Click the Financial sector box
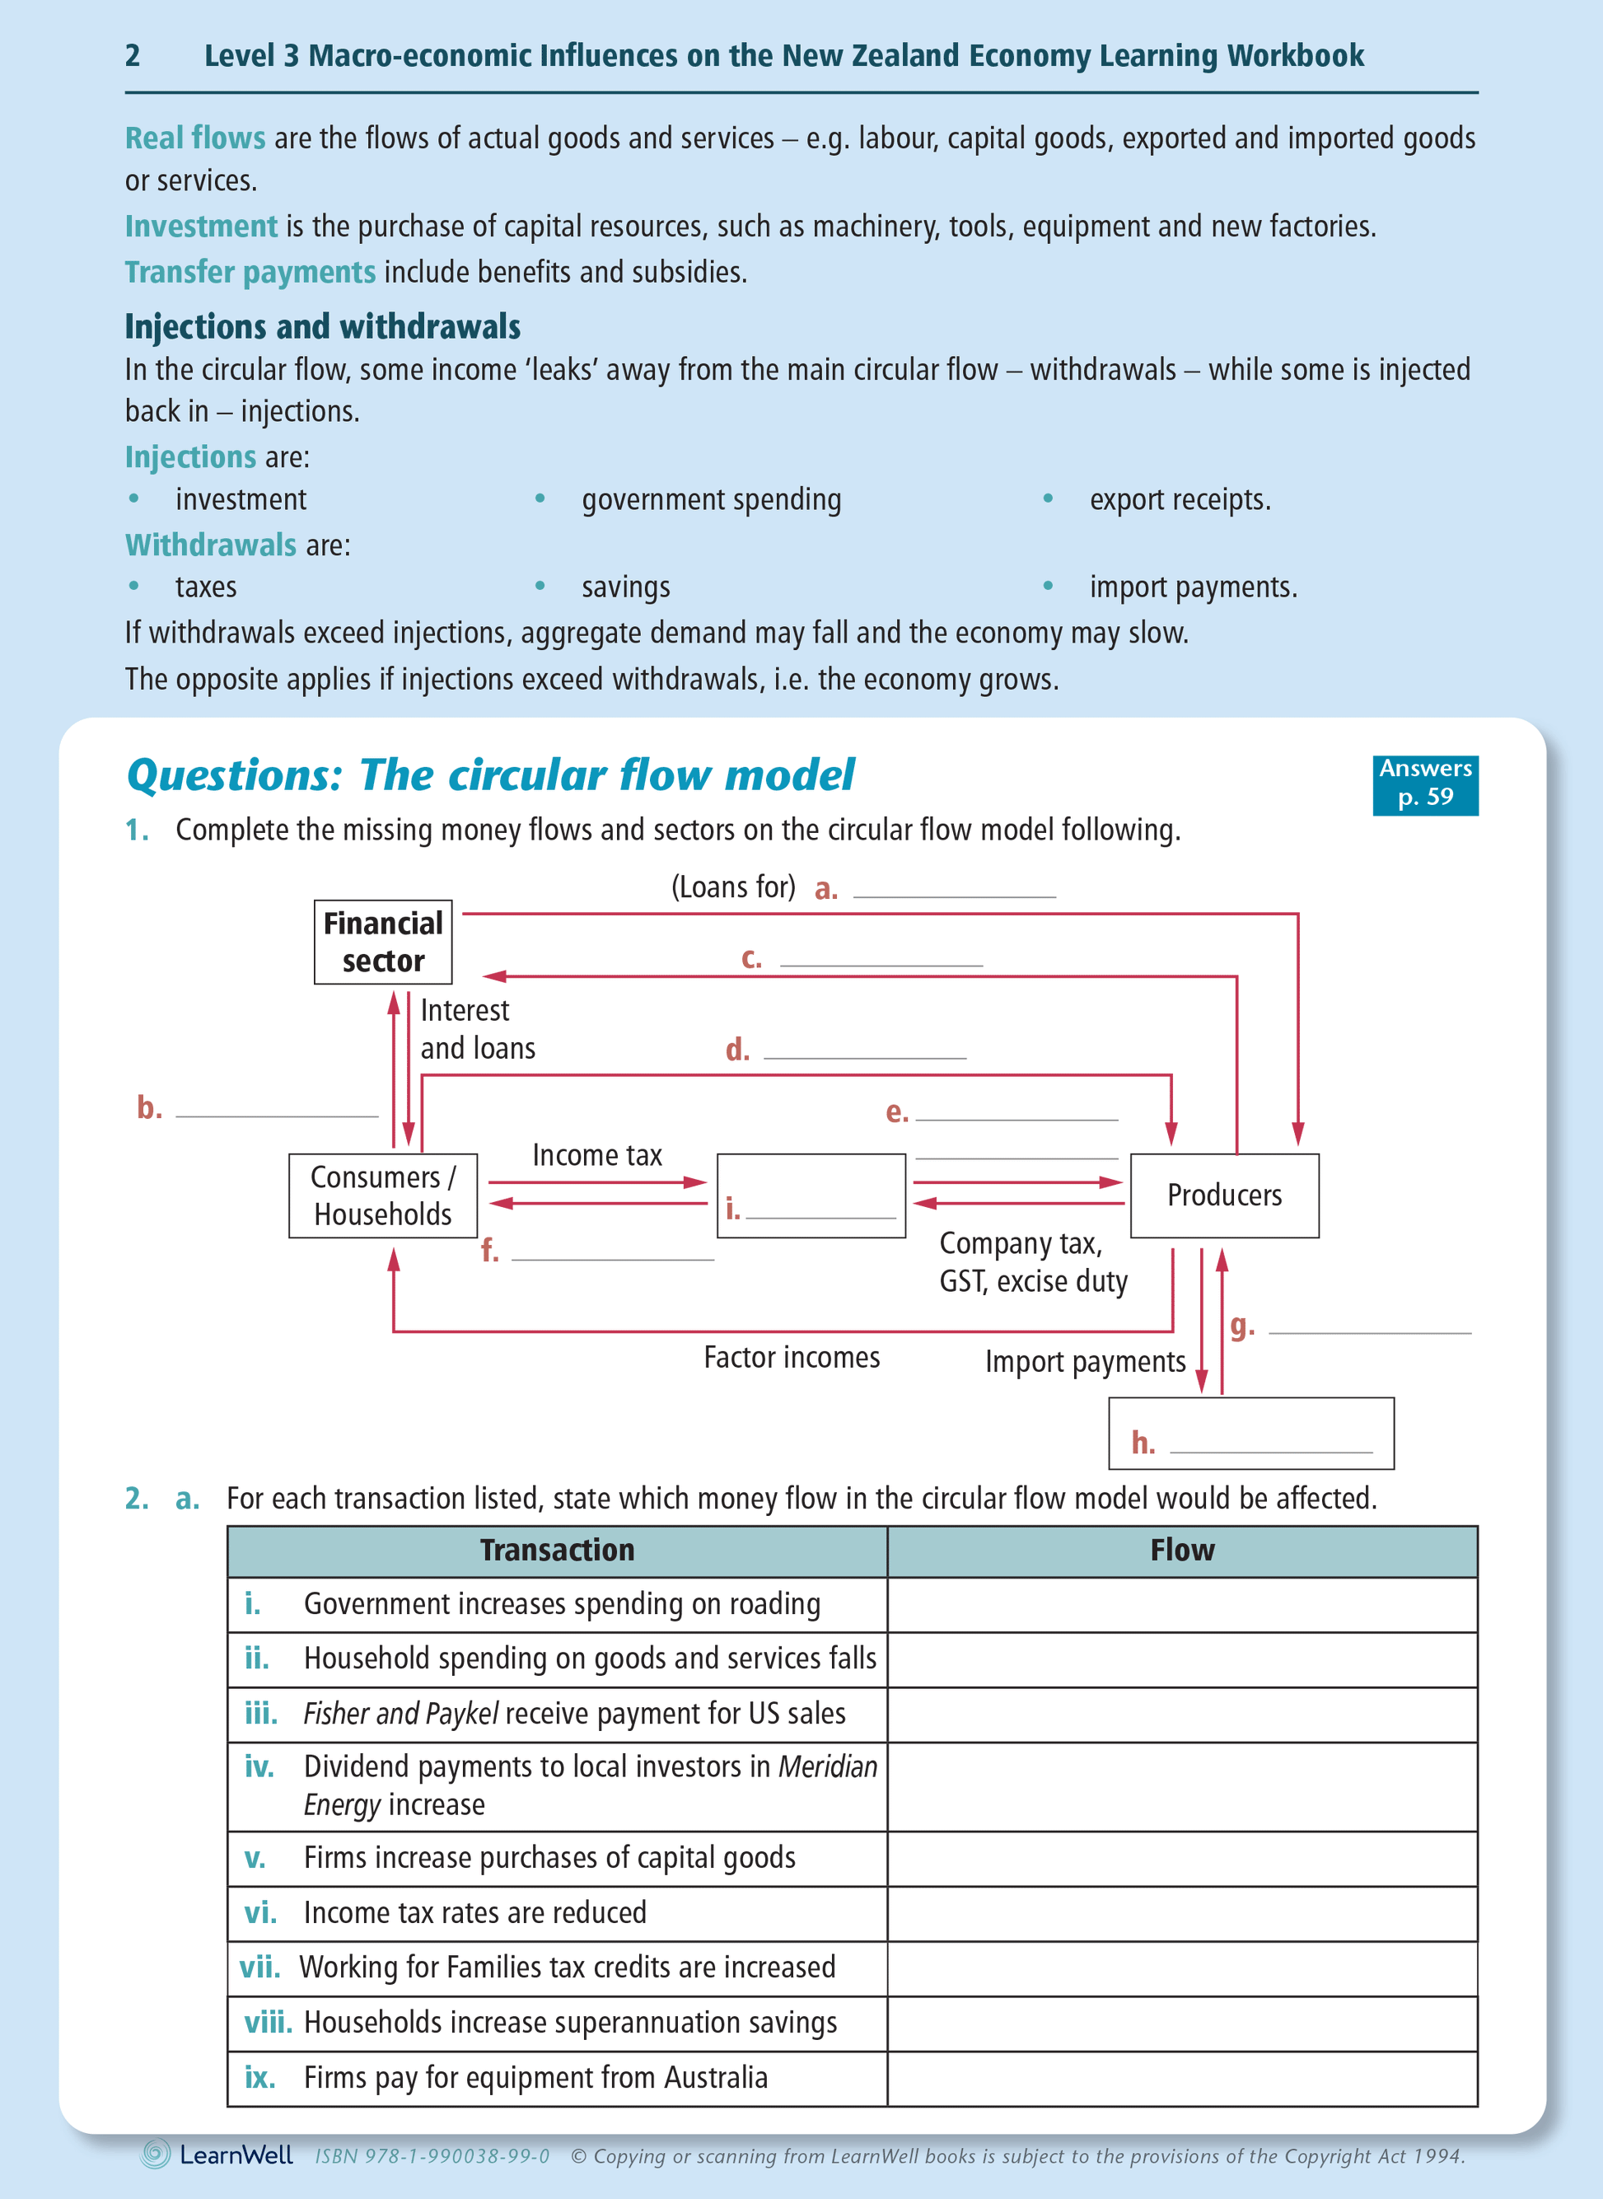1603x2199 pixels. click(x=382, y=942)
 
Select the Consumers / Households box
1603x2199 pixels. click(x=382, y=1195)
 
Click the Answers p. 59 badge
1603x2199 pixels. click(x=1424, y=784)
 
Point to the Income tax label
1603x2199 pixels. click(x=596, y=1155)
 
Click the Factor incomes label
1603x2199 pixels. click(x=791, y=1357)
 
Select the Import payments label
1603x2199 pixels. click(x=1085, y=1362)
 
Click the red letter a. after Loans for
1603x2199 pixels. click(x=825, y=889)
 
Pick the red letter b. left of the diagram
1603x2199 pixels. click(x=149, y=1107)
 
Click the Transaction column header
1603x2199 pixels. click(x=557, y=1550)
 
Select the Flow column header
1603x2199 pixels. click(x=1182, y=1550)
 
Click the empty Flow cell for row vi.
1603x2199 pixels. click(x=1182, y=1913)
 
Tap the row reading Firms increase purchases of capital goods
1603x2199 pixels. click(x=549, y=1857)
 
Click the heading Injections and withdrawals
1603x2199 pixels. click(x=322, y=327)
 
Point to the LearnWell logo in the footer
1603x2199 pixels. click(x=217, y=2155)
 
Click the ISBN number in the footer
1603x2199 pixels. click(x=432, y=2156)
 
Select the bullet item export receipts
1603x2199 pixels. click(x=1179, y=500)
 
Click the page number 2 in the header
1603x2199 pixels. click(x=133, y=55)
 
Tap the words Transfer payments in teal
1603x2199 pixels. click(x=250, y=273)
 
